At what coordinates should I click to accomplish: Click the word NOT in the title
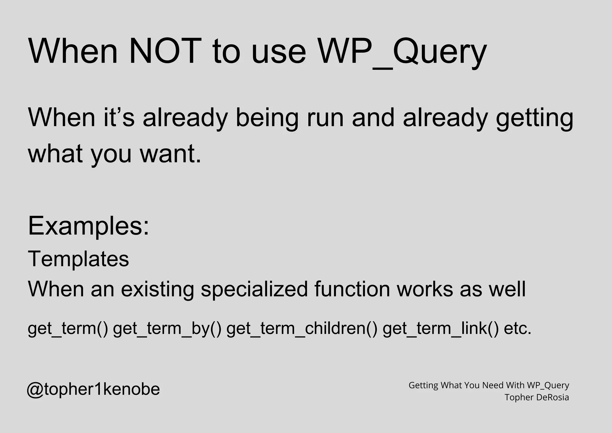pyautogui.click(x=165, y=51)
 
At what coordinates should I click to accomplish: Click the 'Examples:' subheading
pyautogui.click(x=88, y=226)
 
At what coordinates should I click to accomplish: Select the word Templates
pyautogui.click(x=78, y=259)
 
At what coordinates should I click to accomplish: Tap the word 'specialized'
pyautogui.click(x=254, y=289)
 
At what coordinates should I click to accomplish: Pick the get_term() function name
pyautogui.click(x=68, y=328)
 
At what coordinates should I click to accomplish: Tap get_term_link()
pyautogui.click(x=441, y=328)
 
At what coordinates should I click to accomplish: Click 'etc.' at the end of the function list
pyautogui.click(x=518, y=328)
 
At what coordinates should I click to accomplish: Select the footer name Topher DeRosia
pyautogui.click(x=537, y=397)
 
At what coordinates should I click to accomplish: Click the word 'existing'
pyautogui.click(x=157, y=289)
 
